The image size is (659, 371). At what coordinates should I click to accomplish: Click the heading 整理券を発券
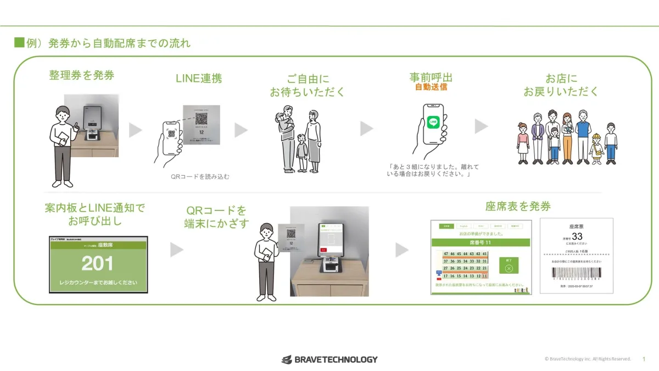coord(82,76)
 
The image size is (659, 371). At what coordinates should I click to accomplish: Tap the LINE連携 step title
coord(198,79)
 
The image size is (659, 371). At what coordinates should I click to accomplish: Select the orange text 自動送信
coord(431,87)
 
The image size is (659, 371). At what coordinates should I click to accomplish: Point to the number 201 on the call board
coord(98,264)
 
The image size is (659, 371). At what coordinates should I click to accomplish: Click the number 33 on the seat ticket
coord(577,236)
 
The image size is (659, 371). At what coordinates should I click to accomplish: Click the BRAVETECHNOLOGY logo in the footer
coord(329,359)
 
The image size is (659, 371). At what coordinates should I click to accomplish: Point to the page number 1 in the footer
coord(644,359)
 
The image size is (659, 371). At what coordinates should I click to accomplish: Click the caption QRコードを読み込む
coord(200,177)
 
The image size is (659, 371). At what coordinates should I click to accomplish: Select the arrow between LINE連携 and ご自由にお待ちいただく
coord(241,130)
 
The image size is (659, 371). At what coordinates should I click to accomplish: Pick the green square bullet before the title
coord(19,43)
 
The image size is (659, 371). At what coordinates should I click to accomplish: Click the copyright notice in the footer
coord(588,359)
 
